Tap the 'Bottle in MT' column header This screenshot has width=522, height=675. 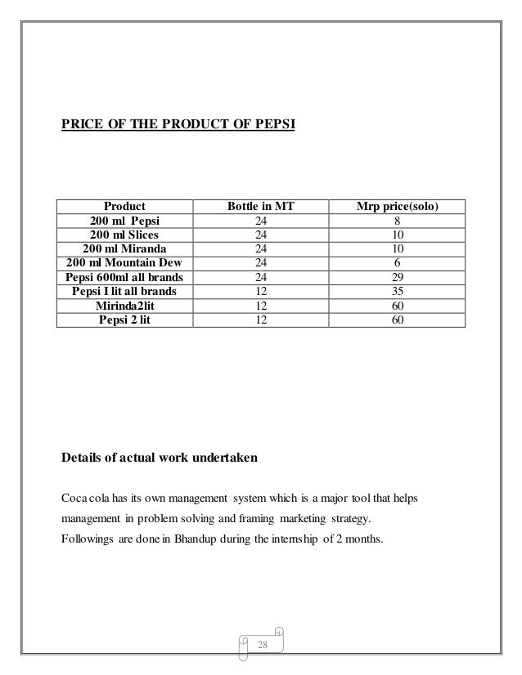coord(260,207)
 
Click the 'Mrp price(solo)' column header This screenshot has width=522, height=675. coord(398,207)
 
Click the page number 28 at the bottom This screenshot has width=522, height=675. coord(263,646)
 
